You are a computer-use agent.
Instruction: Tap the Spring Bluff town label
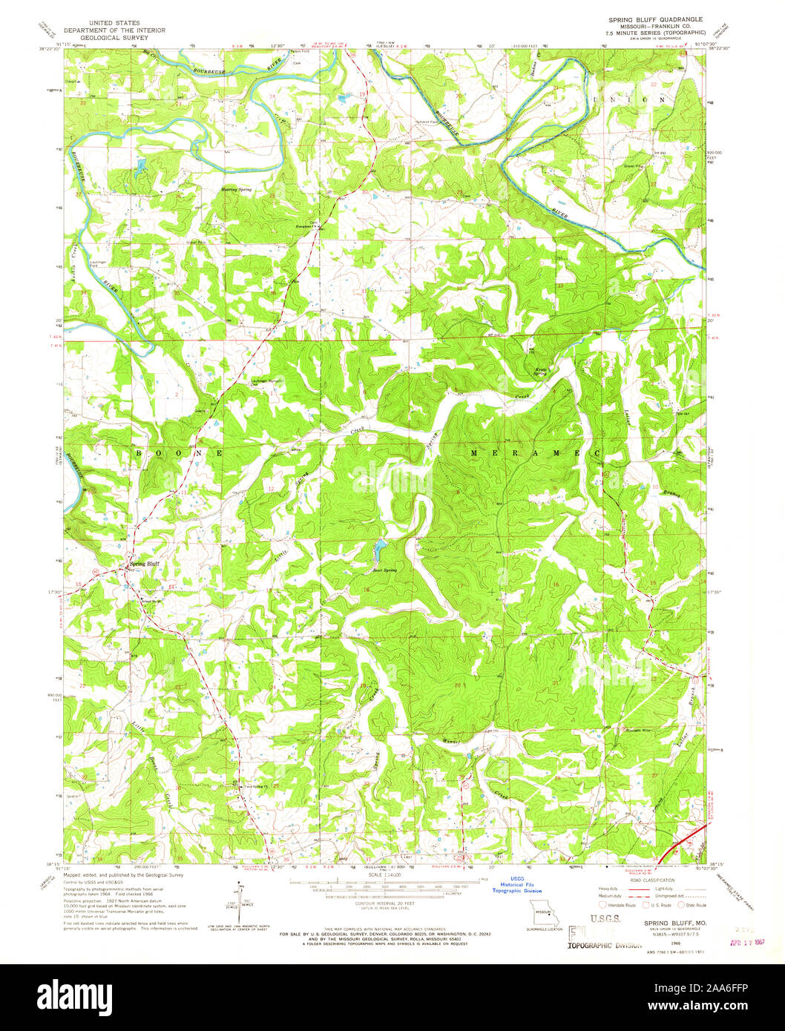[x=145, y=564]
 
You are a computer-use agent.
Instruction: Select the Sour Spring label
[x=384, y=570]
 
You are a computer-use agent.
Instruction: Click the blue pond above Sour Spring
[x=379, y=550]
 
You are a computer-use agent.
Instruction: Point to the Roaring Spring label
[x=237, y=190]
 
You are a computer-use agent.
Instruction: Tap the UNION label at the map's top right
[x=642, y=99]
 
